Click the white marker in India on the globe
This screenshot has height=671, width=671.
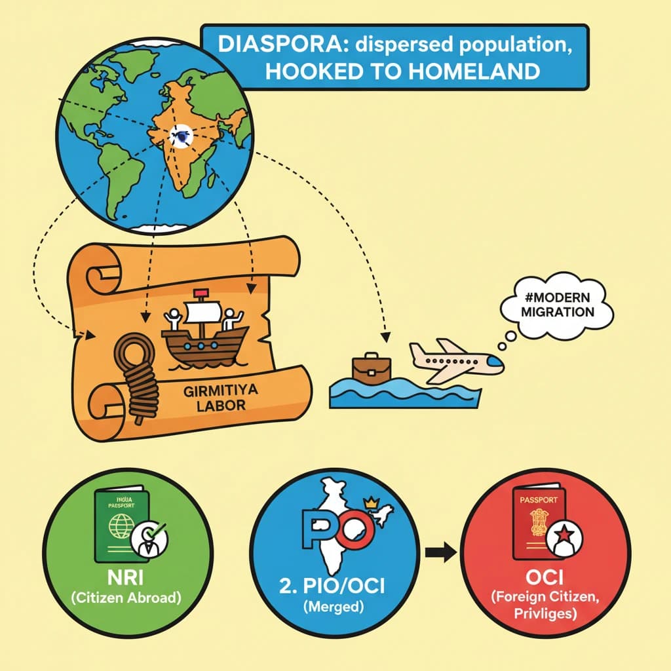coord(178,136)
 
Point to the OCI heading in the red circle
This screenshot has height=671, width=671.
coord(548,583)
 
